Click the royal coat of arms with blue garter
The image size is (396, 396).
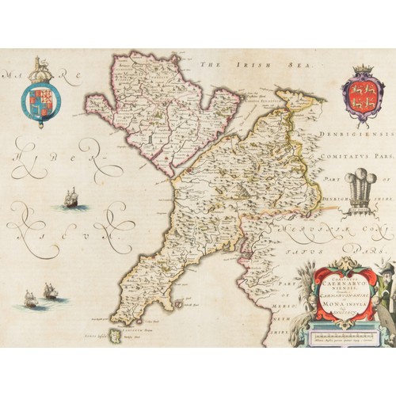pos(38,97)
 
